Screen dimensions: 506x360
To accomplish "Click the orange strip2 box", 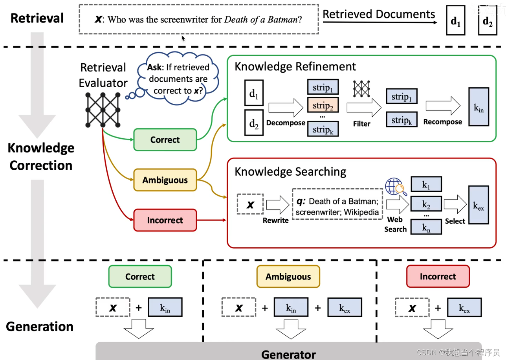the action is point(323,105).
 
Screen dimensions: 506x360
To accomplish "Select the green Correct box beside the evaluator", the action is point(165,140).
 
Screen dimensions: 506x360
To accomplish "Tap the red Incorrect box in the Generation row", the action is point(438,276).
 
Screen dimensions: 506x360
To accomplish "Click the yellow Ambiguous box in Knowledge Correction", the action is point(165,180).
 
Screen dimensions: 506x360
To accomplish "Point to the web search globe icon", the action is point(396,186).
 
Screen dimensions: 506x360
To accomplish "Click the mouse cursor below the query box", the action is point(183,39).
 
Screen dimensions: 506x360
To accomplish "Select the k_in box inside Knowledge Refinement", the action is point(478,107).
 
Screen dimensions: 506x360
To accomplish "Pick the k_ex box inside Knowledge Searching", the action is point(478,205).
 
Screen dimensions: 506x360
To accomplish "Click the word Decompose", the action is point(286,123).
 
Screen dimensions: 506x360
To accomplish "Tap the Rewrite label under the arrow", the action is point(276,220).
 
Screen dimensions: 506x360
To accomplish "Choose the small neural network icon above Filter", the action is point(361,89).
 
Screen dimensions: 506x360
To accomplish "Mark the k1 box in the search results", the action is point(426,184).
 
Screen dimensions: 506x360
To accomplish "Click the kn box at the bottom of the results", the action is point(426,227).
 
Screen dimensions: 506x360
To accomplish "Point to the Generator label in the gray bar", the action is point(288,354).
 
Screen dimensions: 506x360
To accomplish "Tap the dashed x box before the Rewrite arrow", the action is point(250,204).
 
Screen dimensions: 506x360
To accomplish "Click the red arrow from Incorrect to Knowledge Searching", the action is point(211,220).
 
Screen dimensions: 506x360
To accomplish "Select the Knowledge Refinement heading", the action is point(295,66).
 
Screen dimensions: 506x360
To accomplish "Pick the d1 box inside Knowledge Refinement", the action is point(254,93).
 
